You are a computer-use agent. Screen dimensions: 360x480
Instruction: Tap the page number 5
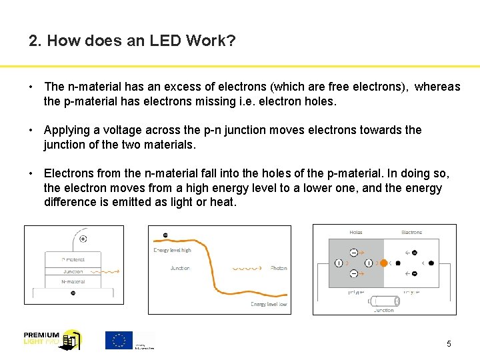pyautogui.click(x=449, y=344)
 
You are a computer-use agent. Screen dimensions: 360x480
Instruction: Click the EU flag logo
pyautogui.click(x=119, y=340)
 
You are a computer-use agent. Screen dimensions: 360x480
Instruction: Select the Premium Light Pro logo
pyautogui.click(x=52, y=340)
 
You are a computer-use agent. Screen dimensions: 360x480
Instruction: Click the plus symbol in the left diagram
pyautogui.click(x=83, y=239)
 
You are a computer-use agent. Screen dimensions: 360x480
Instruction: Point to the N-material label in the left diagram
pyautogui.click(x=73, y=282)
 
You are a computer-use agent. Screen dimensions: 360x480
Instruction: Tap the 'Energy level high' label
pyautogui.click(x=172, y=250)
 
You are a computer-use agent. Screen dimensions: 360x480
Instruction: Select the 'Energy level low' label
pyautogui.click(x=269, y=304)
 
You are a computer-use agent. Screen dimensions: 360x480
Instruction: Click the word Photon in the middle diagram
pyautogui.click(x=279, y=268)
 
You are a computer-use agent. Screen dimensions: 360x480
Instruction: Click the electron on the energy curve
pyautogui.click(x=165, y=235)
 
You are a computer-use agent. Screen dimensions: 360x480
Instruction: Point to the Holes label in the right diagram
pyautogui.click(x=356, y=232)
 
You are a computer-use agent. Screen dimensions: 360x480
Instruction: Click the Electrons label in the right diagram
pyautogui.click(x=411, y=232)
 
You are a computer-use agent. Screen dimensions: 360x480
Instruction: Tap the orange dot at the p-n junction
pyautogui.click(x=383, y=263)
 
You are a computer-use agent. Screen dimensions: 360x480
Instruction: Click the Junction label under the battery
pyautogui.click(x=384, y=310)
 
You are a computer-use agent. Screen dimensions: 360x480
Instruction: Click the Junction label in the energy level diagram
pyautogui.click(x=180, y=268)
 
